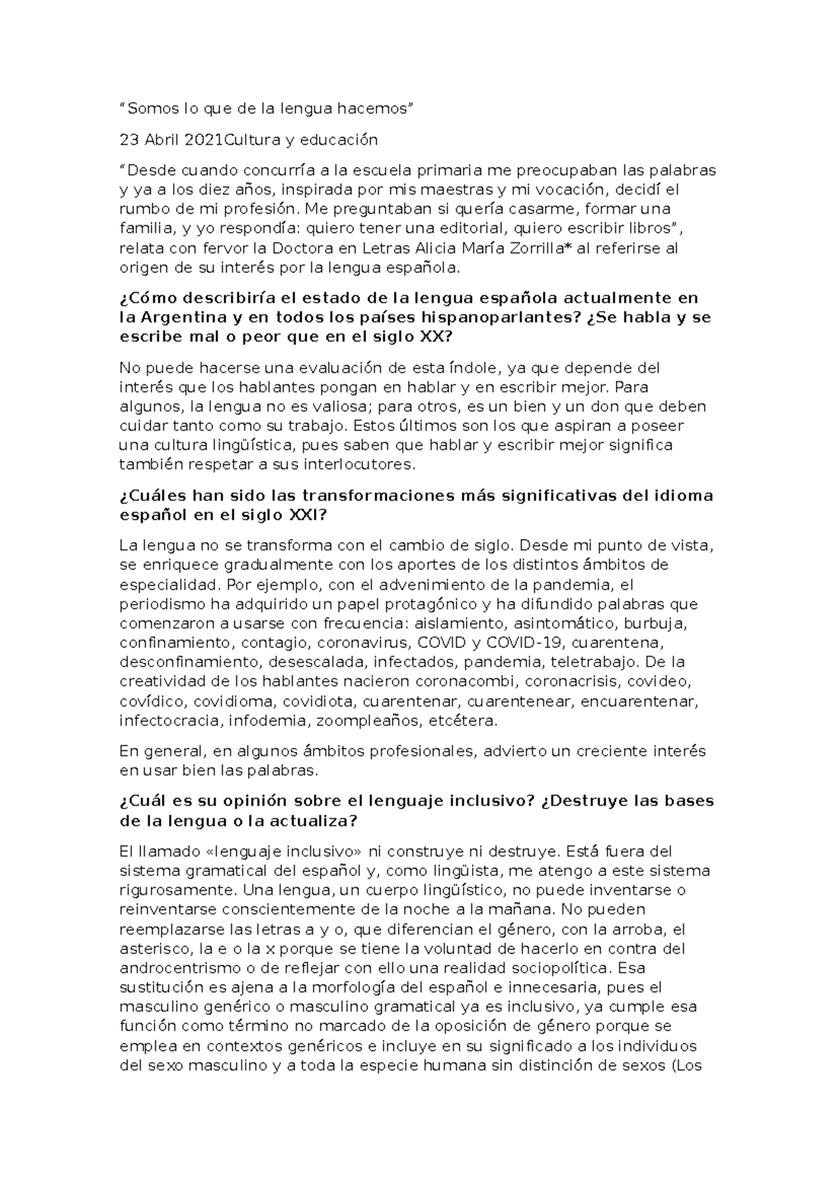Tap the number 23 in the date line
point(130,140)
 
